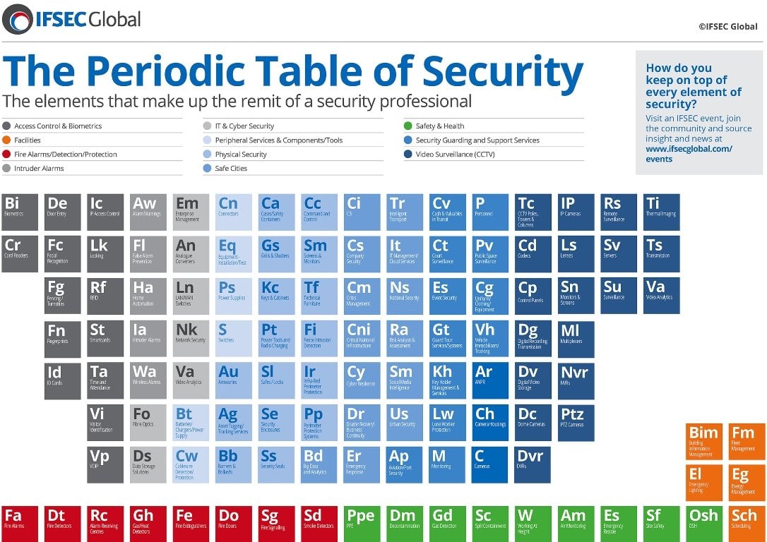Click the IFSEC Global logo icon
click(17, 19)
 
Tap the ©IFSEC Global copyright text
click(727, 27)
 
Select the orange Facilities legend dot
click(6, 140)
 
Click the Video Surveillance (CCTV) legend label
click(455, 155)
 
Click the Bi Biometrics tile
click(20, 212)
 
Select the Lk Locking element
click(106, 254)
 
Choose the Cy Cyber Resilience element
click(363, 380)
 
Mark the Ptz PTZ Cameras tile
click(576, 423)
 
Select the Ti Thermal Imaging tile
click(662, 212)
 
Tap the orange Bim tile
click(703, 441)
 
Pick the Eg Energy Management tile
click(746, 482)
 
